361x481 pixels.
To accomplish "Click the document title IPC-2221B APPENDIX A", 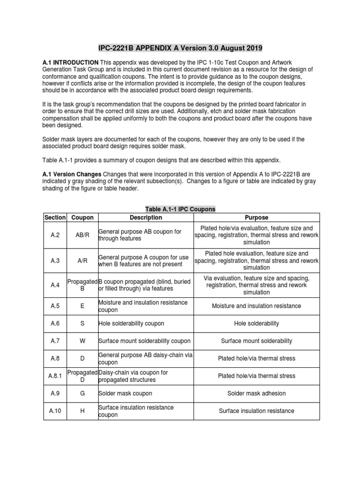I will pos(180,48).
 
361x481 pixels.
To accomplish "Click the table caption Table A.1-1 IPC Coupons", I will pos(180,209).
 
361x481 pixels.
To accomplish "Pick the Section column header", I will pos(55,217).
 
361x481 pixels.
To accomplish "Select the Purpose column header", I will pos(257,217).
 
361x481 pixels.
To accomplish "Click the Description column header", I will pos(146,217).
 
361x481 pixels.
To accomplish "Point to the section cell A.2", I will pos(55,235).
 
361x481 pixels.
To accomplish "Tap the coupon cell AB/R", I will pos(82,235).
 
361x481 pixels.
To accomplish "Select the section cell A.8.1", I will pos(55,376).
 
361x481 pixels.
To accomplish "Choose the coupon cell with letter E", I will pos(82,306).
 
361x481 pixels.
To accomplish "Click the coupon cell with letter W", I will pos(82,341).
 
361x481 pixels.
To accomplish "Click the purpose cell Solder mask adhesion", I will pos(257,393).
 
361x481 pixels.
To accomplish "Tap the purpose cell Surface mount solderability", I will pos(257,341).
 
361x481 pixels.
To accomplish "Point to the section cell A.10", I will pos(55,411).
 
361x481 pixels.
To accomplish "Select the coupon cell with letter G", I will pos(82,393).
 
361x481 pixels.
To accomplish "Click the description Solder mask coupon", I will pos(125,393).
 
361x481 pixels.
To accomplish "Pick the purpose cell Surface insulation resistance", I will pos(257,411).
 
